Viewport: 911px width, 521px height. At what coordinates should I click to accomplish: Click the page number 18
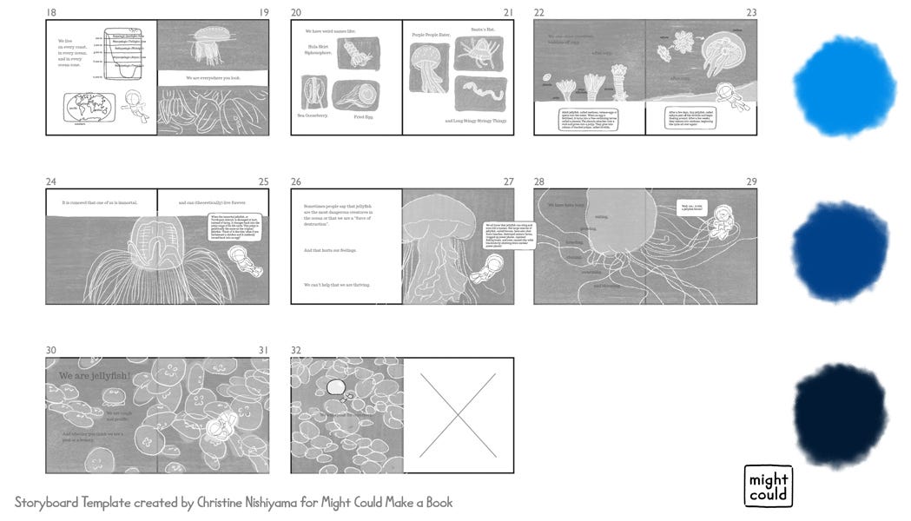(51, 12)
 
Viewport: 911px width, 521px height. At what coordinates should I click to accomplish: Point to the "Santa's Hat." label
(483, 30)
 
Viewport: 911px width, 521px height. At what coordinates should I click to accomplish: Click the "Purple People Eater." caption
(432, 35)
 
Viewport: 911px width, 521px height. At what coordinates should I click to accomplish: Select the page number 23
(751, 12)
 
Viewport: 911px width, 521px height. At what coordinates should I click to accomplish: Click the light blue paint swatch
(843, 85)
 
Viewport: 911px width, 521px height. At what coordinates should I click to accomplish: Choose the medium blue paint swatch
(840, 252)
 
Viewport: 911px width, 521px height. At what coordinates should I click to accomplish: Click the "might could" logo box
(769, 486)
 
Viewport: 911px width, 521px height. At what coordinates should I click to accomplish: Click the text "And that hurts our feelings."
(331, 250)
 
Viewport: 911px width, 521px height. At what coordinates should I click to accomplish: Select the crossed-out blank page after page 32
(458, 415)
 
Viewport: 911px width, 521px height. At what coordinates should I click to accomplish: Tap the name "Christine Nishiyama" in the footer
(237, 503)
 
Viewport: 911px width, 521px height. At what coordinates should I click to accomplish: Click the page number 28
(539, 181)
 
